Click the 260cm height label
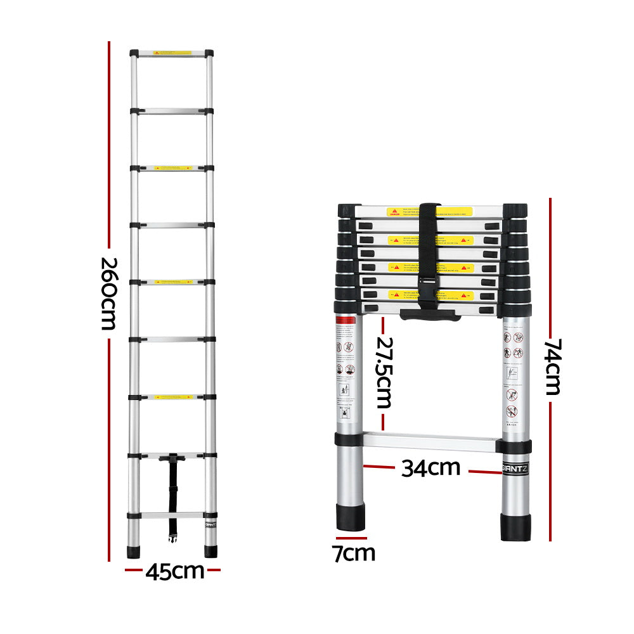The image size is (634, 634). coord(108,293)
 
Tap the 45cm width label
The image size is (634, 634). coord(174,571)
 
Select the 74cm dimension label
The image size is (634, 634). coord(552,366)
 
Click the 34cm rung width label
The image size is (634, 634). coord(430,468)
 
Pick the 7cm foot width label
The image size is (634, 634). coord(354,553)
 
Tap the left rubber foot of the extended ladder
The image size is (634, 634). coord(133,550)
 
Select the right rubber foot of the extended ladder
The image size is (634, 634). coord(210,550)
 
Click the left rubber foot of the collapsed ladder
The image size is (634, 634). coord(351,517)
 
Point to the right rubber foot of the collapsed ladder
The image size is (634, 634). coord(515,526)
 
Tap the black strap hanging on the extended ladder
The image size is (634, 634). coord(172,495)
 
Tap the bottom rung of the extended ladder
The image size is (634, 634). coord(171,515)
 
